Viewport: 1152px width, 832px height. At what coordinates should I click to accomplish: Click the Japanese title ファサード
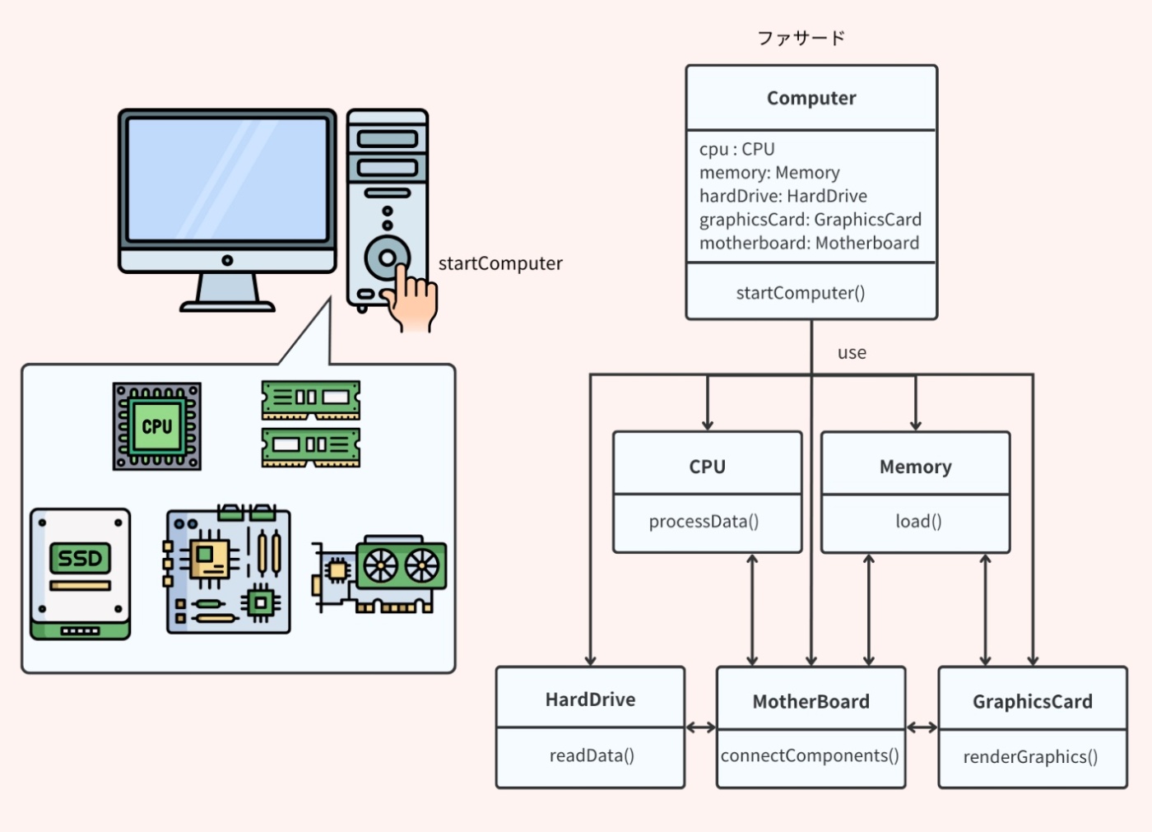[801, 38]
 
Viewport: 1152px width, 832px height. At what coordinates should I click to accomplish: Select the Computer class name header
[811, 98]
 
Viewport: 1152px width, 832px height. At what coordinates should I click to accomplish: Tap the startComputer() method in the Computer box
[800, 293]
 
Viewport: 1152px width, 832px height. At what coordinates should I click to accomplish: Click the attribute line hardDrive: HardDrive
[783, 196]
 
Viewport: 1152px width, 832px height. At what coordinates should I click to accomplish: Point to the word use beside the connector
[852, 353]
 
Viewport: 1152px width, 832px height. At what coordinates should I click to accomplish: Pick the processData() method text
[704, 522]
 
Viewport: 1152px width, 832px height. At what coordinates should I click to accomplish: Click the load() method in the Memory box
[918, 522]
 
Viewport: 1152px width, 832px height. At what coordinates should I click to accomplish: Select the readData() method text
[592, 755]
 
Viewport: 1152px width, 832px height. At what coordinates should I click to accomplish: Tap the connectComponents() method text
[810, 755]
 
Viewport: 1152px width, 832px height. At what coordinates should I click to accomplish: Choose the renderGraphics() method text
[1030, 757]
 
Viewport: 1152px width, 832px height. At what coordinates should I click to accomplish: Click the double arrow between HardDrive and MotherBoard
[701, 727]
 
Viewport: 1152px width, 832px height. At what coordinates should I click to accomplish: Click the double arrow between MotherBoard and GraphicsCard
[922, 727]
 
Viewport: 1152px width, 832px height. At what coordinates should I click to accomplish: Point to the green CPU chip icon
[157, 426]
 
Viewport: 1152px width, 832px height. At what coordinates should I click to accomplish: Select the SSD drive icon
[80, 574]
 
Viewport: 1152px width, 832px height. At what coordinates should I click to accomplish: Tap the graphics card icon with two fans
[381, 576]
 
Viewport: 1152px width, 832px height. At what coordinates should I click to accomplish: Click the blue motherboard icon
[228, 570]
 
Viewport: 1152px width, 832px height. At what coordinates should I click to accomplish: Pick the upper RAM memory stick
[310, 399]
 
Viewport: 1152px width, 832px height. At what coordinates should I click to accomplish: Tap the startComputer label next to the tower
[500, 264]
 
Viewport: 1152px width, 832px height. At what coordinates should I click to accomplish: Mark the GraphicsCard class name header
[1033, 702]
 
